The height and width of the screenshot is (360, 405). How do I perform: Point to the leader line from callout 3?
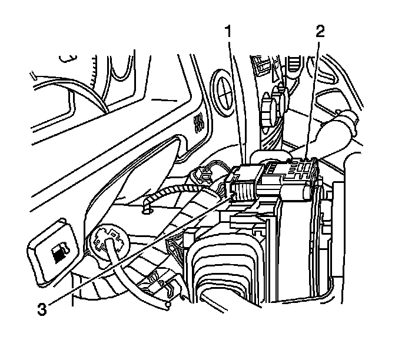point(135,253)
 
